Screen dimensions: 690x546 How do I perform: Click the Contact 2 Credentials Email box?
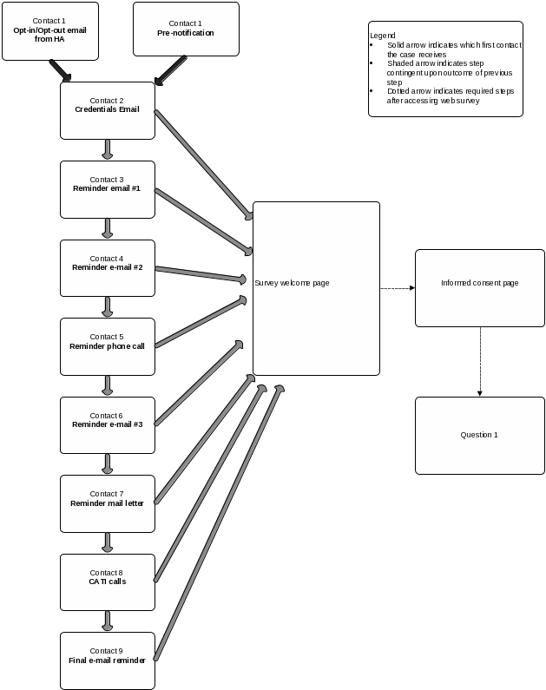pos(107,110)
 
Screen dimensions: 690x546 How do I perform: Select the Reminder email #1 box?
pos(107,188)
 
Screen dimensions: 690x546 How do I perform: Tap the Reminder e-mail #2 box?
pos(107,267)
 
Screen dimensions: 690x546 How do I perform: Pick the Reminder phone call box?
pos(107,345)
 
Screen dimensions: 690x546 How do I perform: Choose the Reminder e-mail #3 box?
pos(107,424)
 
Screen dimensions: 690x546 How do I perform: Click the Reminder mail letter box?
pos(107,503)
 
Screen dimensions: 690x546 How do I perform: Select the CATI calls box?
pos(107,582)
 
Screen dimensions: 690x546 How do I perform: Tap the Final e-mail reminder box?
pos(107,660)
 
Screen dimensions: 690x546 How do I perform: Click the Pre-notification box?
pos(186,29)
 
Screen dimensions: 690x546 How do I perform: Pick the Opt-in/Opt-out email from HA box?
pos(50,31)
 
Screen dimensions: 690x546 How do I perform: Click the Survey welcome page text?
pos(292,283)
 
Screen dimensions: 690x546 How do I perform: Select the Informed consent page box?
pos(479,287)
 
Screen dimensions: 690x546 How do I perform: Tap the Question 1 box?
pos(479,435)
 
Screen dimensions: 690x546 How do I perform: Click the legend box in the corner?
pos(445,69)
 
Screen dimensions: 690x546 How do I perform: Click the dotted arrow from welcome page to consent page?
pos(397,287)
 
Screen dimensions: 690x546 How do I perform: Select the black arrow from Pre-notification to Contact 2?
pos(170,70)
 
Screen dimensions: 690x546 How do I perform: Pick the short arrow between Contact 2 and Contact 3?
pos(108,149)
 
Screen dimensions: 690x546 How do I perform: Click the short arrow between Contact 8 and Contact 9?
pos(108,621)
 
